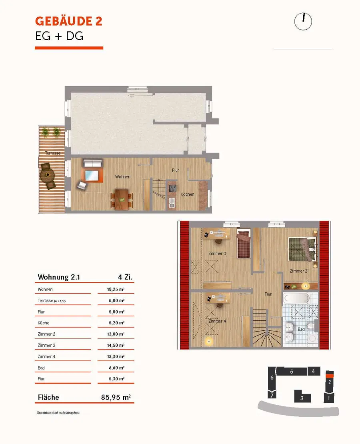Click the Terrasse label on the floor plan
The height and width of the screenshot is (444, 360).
point(53,153)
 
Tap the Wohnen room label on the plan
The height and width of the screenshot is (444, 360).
point(123,177)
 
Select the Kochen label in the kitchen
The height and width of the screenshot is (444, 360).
point(187,194)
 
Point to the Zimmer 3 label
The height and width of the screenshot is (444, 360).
point(217,253)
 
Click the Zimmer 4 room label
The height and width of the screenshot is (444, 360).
point(217,321)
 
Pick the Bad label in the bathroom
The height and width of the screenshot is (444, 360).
point(301,329)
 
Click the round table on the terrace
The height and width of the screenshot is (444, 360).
point(48,175)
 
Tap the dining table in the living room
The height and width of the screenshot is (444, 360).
point(122,199)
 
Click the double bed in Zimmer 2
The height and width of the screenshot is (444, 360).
point(302,249)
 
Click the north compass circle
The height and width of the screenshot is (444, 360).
point(303,22)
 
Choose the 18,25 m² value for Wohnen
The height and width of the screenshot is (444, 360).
point(116,289)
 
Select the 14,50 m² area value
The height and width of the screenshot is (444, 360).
point(116,346)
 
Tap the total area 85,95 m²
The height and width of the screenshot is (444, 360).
point(116,397)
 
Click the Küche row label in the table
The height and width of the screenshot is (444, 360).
point(44,323)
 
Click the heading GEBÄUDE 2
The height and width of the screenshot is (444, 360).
point(68,21)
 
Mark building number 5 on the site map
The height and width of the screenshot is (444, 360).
point(292,372)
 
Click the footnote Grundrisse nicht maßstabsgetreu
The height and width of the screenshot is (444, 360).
point(58,413)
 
